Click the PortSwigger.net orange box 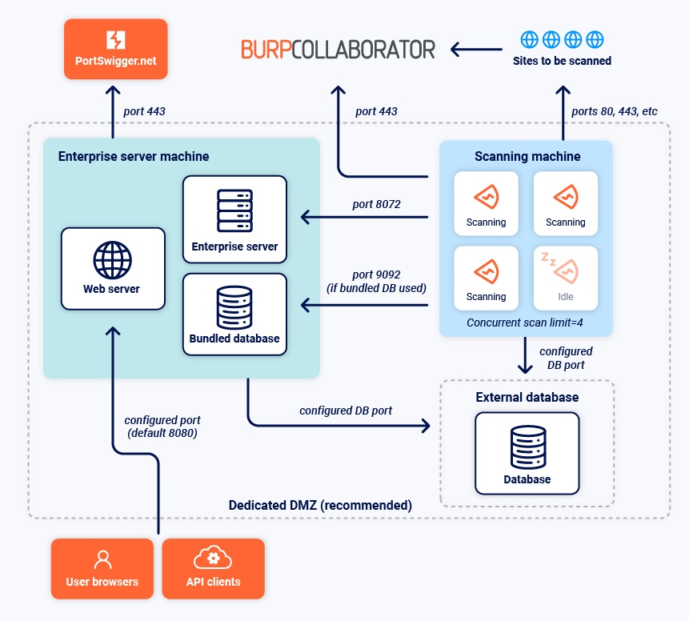pos(116,49)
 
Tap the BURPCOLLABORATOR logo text pos(338,49)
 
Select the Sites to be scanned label pos(562,61)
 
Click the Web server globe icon pos(113,258)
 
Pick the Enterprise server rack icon pos(234,210)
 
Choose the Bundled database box pos(234,314)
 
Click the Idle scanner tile pos(566,278)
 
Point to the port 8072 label pos(376,204)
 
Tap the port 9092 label pos(376,280)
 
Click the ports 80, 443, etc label pos(615,111)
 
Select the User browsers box pos(102,569)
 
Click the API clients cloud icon pos(213,558)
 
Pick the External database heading pos(527,397)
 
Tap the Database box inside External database pos(527,453)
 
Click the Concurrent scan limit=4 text pos(526,323)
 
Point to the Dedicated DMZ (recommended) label pos(320,505)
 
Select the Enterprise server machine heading pos(134,155)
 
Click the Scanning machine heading pos(527,156)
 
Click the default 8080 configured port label pos(162,427)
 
